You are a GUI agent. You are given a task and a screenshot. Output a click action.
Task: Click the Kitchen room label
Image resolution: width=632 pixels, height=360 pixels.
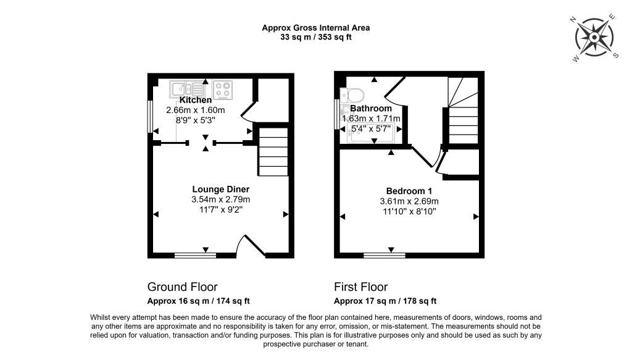coord(196,100)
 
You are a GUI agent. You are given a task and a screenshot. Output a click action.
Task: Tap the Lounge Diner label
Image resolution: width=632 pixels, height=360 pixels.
coord(220,189)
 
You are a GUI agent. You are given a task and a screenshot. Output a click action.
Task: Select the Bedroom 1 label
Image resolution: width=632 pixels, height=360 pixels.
coord(409,191)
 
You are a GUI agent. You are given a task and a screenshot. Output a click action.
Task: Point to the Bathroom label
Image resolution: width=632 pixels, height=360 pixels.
coord(371,109)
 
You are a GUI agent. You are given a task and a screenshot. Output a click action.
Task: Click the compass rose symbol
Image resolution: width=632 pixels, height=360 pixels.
coord(594,38)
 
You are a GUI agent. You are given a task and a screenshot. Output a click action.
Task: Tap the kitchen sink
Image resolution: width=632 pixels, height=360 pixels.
coord(187,88)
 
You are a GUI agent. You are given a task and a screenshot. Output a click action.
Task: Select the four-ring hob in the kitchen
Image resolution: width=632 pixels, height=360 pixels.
coord(223,90)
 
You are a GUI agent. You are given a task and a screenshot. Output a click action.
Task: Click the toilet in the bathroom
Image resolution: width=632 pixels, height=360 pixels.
coord(352,96)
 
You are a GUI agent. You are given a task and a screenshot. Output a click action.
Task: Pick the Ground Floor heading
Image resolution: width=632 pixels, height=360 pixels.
coord(182,287)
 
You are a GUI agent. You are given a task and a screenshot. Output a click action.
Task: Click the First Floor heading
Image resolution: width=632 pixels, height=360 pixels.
coord(360,287)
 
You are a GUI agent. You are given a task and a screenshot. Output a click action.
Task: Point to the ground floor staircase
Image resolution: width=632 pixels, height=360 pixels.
coord(273,151)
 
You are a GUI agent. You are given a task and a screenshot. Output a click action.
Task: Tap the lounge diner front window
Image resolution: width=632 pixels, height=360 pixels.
coord(196,255)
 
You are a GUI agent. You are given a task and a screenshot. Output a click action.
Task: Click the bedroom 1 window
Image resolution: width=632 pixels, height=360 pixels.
coord(385,255)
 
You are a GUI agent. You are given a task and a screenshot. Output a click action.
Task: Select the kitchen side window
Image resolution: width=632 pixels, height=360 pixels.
coord(150,117)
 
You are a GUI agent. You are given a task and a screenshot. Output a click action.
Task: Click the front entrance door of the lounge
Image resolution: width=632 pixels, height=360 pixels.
coord(251,246)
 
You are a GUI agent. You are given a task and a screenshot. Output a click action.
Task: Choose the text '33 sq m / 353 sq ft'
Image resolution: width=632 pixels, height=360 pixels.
coord(316,37)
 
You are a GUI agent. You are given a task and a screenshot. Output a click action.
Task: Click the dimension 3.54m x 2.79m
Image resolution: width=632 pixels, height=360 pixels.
coord(220,199)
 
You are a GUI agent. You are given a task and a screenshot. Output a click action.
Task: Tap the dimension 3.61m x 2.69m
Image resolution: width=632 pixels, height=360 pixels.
coord(409,201)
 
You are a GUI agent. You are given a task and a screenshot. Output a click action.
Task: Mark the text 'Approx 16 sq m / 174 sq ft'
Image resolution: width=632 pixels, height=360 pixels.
coord(198,301)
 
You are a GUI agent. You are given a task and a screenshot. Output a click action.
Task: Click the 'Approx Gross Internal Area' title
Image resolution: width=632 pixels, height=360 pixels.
coord(316,28)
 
